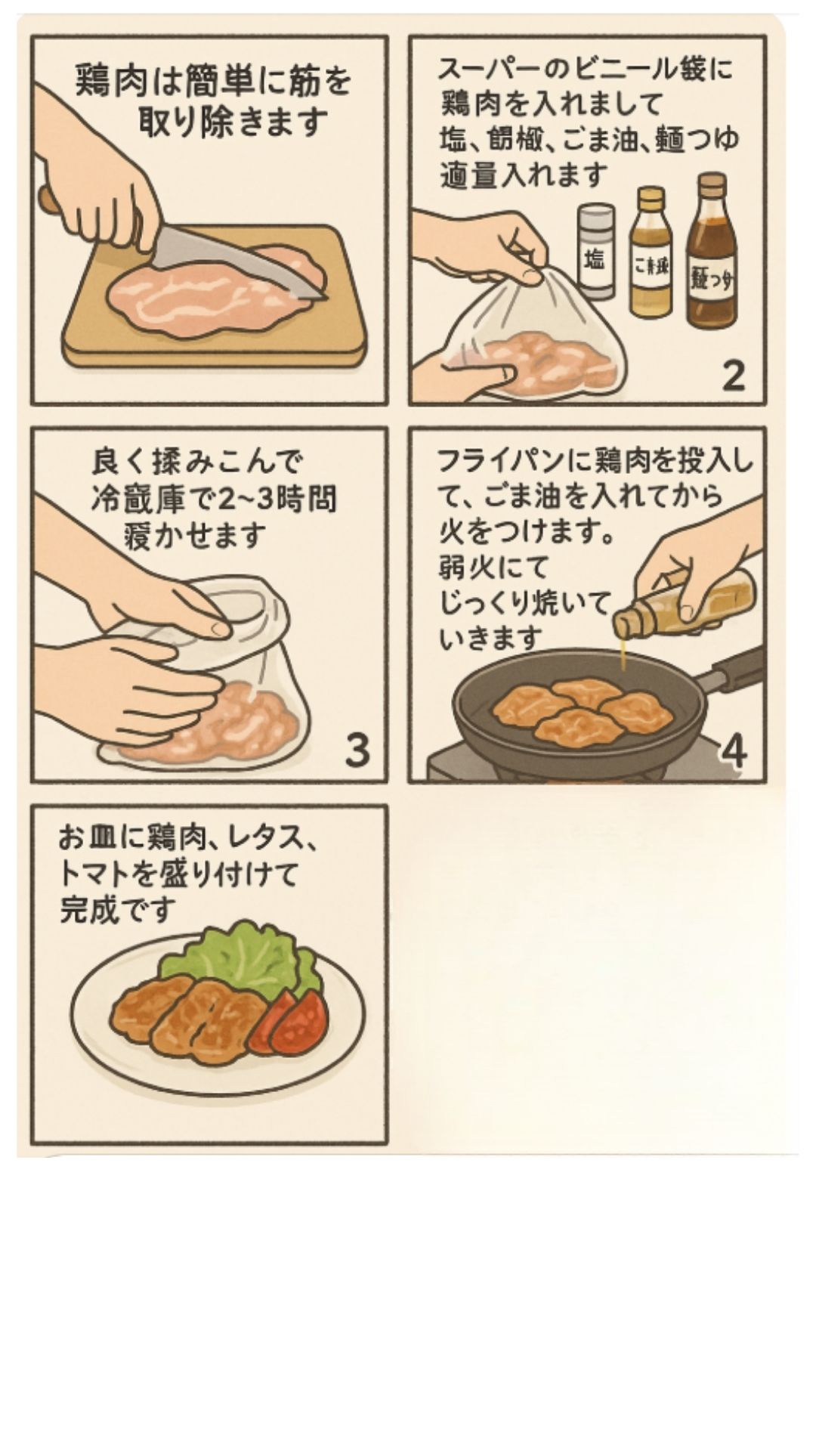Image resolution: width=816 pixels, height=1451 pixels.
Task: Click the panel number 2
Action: point(733,375)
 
